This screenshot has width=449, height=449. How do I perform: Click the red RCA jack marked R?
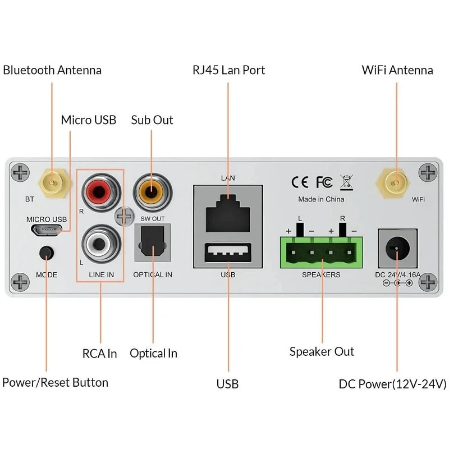[x=101, y=192]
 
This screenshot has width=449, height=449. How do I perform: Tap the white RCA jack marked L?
[x=101, y=244]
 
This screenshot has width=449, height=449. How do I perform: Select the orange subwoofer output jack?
[x=152, y=192]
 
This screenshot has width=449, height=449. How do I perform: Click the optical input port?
[x=153, y=242]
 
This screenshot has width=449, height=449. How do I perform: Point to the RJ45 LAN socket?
[x=228, y=213]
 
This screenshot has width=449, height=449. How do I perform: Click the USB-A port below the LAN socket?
[x=228, y=253]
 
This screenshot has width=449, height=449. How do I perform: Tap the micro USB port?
[x=47, y=231]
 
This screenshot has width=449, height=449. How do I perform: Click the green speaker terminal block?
[x=321, y=252]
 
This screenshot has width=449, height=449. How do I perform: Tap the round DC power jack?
[x=397, y=248]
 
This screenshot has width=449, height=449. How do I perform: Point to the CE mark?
[x=300, y=182]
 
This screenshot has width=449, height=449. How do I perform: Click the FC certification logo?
[x=324, y=182]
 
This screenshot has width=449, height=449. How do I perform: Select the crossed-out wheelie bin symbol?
[x=347, y=182]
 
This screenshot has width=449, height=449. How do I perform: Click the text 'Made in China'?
[x=321, y=199]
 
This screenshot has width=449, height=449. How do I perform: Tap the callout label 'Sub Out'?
[x=152, y=120]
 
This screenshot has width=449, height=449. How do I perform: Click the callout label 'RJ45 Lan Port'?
[x=228, y=70]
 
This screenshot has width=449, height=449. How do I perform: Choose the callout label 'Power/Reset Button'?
[x=55, y=383]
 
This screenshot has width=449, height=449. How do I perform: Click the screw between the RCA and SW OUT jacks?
[x=124, y=216]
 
